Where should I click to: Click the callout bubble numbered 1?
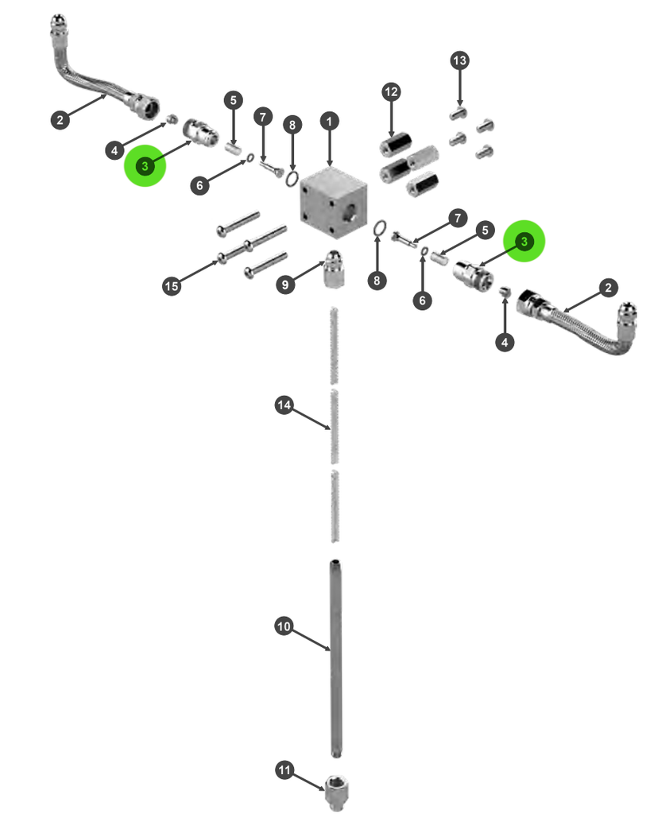330,122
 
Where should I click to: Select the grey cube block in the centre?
334,203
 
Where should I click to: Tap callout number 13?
459,60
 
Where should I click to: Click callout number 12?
391,92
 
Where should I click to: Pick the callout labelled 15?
172,286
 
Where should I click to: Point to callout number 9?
285,285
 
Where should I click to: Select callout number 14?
284,405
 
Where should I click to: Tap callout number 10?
284,626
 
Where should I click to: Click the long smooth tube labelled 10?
336,658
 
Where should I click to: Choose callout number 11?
284,769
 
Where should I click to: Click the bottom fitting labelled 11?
337,793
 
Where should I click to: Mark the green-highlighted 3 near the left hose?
145,165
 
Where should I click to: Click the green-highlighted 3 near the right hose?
524,241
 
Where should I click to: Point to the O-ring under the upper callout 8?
292,179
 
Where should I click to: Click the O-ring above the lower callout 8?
380,227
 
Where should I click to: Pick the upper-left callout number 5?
234,100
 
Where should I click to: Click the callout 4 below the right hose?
505,342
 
